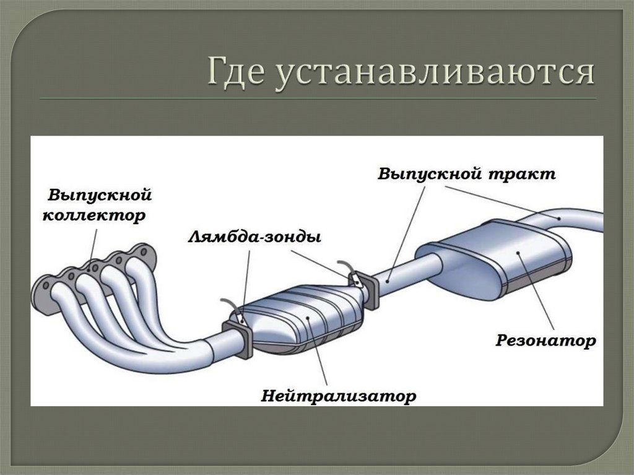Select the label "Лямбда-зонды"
point(254,237)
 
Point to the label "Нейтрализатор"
point(338,394)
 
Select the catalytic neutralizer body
point(303,319)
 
